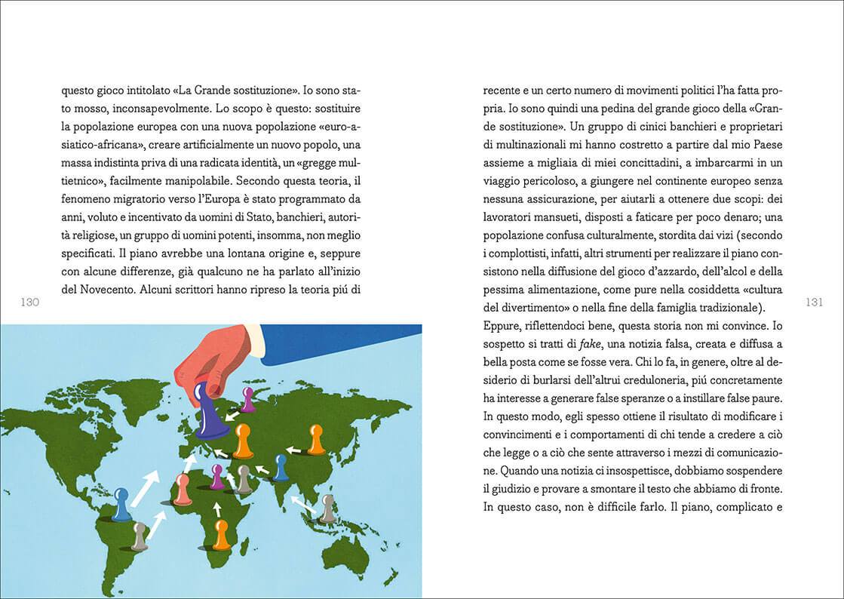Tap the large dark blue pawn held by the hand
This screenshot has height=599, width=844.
(x=202, y=413)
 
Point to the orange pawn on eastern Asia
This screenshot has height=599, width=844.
(x=316, y=439)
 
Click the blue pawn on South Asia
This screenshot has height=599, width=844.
(x=281, y=468)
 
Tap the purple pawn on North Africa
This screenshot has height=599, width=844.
(x=217, y=476)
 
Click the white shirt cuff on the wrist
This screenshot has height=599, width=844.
(x=255, y=339)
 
